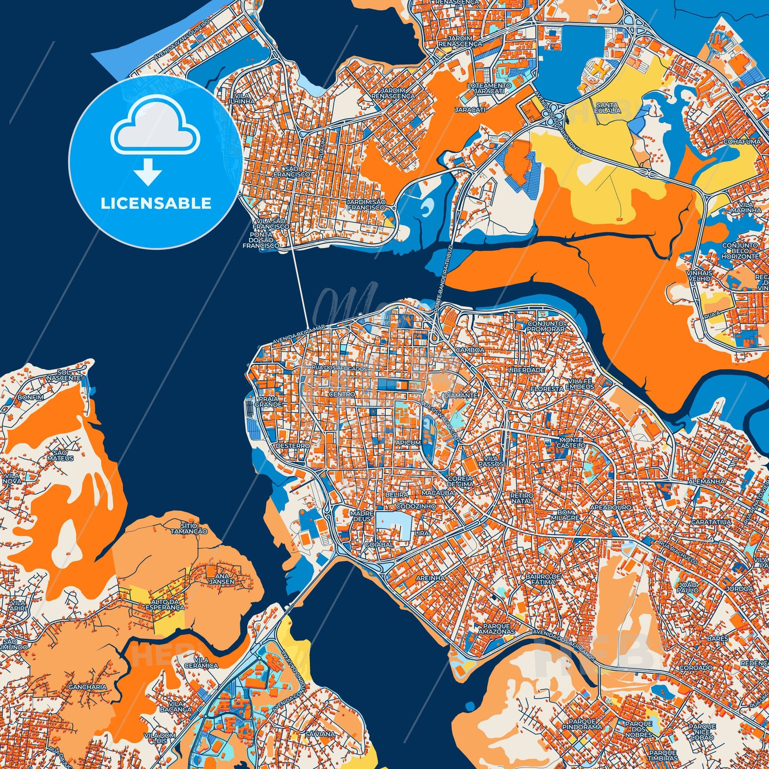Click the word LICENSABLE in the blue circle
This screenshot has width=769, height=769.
[156, 204]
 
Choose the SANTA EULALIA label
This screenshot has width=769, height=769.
[609, 107]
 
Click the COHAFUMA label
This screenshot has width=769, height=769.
[739, 141]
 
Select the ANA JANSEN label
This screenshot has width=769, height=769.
[226, 578]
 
